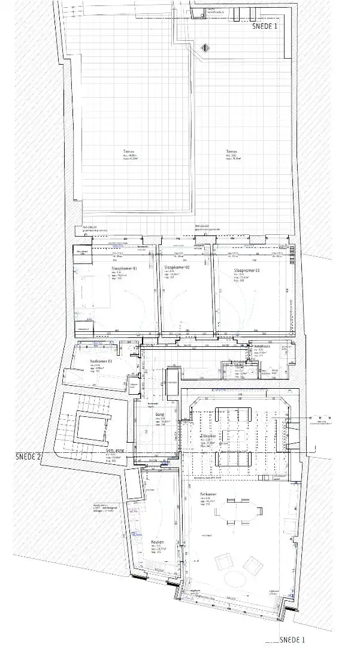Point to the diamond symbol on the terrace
205,47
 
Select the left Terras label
126,153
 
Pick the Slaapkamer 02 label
177,268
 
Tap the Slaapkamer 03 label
247,271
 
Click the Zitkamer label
225,437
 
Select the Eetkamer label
209,495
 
